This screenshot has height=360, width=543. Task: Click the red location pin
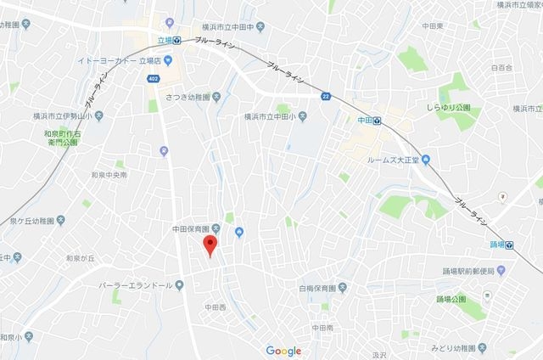pyautogui.click(x=210, y=245)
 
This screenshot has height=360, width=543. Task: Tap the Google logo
pyautogui.click(x=283, y=351)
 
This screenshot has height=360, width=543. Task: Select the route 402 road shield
pyautogui.click(x=153, y=79)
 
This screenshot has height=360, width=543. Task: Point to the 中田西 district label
pyautogui.click(x=216, y=306)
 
